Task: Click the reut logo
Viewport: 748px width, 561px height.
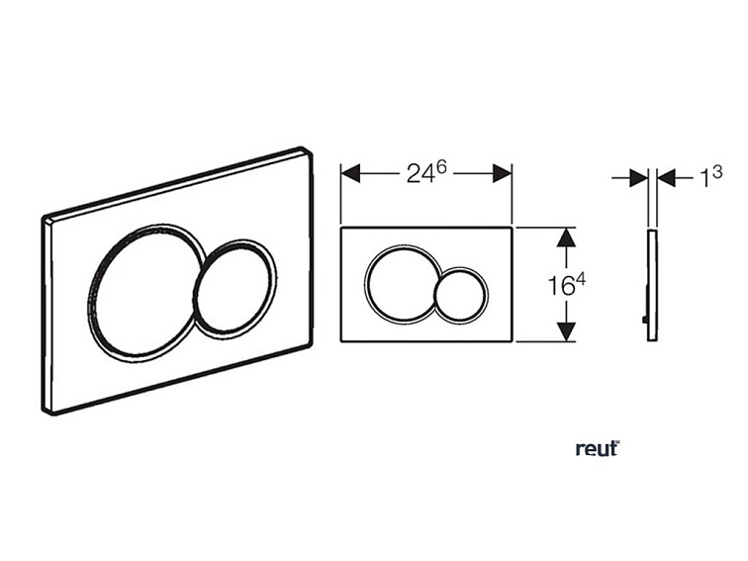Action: pos(597,448)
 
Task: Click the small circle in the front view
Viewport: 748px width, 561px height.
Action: pos(459,295)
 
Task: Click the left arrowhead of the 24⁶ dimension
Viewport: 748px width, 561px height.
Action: pos(349,173)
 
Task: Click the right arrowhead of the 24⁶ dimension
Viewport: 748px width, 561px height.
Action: pos(504,173)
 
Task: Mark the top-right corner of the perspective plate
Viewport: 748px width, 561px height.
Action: pos(306,152)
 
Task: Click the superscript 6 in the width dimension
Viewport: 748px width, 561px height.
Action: pos(442,166)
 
